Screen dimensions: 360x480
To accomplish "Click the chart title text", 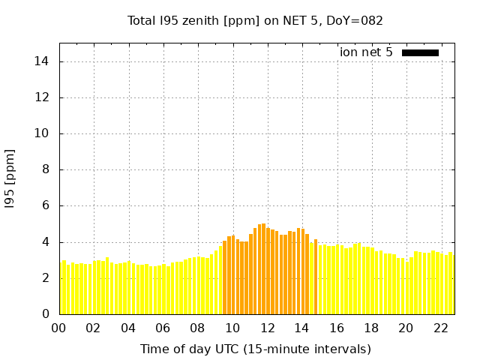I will point(255,21).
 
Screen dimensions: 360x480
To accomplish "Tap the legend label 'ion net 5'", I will point(366,52).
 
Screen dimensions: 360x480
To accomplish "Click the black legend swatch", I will point(420,52).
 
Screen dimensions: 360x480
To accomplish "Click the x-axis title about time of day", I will point(255,349).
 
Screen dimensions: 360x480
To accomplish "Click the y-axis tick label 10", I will point(41,133).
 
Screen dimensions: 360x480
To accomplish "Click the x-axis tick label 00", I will point(58,328).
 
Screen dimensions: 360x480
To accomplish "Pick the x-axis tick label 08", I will point(197,328).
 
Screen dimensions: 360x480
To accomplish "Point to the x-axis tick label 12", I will point(267,328).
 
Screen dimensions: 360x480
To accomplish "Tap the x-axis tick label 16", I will point(337,328).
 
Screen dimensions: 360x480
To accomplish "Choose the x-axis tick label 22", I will point(441,328).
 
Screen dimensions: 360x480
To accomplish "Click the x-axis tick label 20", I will point(406,328).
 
